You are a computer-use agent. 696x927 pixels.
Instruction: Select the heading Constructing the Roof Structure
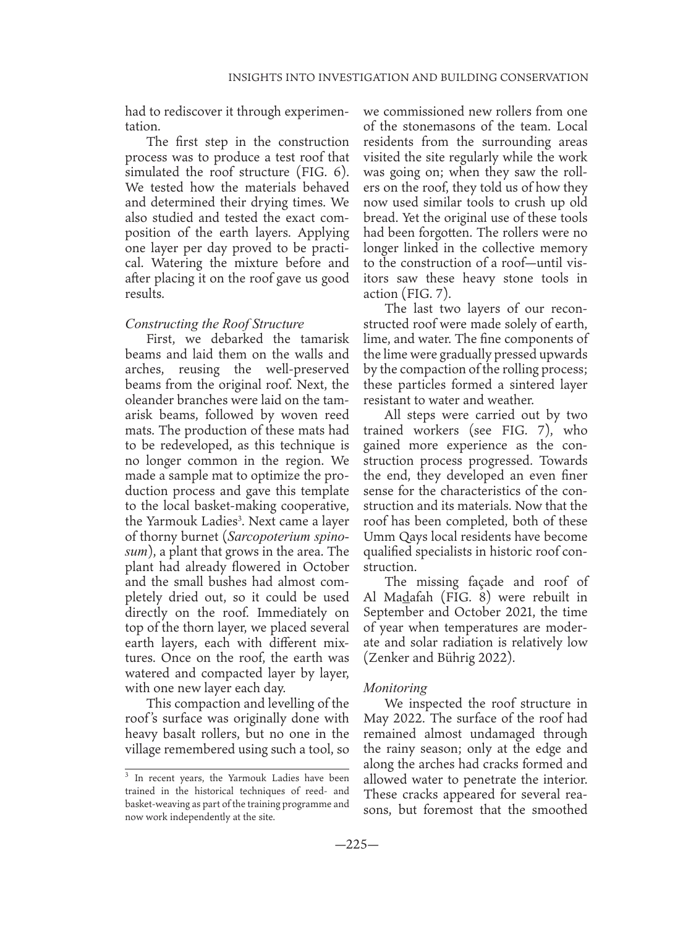pyautogui.click(x=214, y=323)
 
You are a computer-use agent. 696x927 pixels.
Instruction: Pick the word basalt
pyautogui.click(x=187, y=734)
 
